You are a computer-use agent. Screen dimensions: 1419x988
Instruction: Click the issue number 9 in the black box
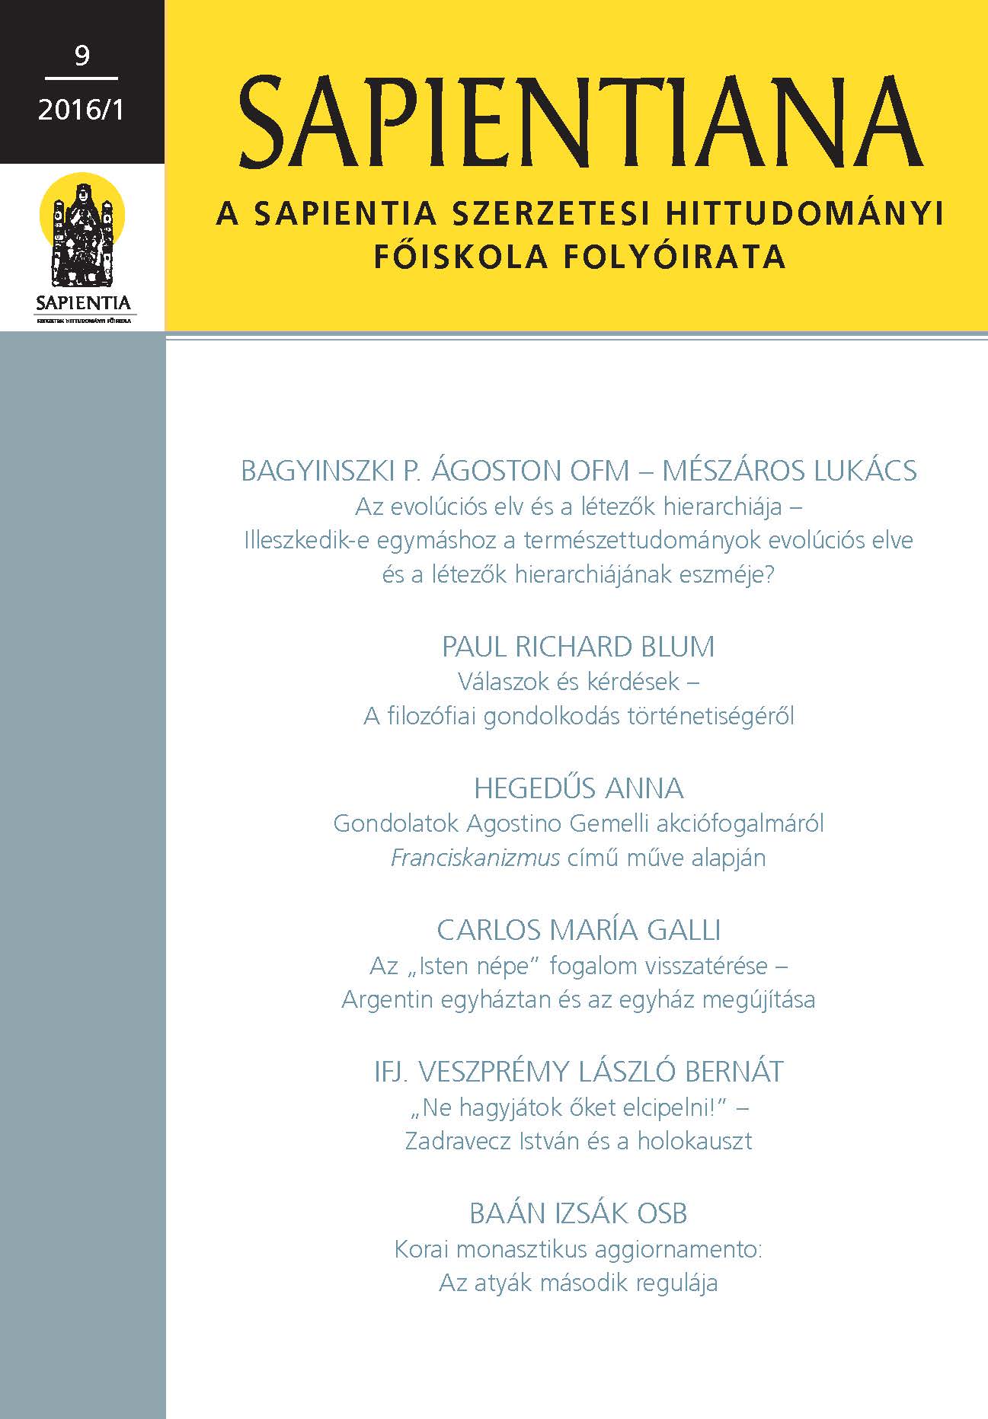(82, 56)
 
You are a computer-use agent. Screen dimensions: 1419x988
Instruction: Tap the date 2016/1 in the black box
(81, 110)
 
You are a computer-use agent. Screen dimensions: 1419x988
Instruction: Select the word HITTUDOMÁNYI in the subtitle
(804, 215)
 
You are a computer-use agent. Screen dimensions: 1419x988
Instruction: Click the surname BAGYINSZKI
(317, 471)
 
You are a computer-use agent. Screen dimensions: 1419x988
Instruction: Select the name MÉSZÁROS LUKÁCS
(789, 471)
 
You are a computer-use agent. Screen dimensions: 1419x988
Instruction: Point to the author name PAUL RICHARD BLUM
(578, 647)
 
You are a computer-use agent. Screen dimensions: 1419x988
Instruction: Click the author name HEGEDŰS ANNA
(578, 788)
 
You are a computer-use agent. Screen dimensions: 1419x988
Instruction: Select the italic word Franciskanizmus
(475, 858)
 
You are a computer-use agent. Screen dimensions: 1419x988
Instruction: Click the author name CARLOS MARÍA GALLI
(578, 930)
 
